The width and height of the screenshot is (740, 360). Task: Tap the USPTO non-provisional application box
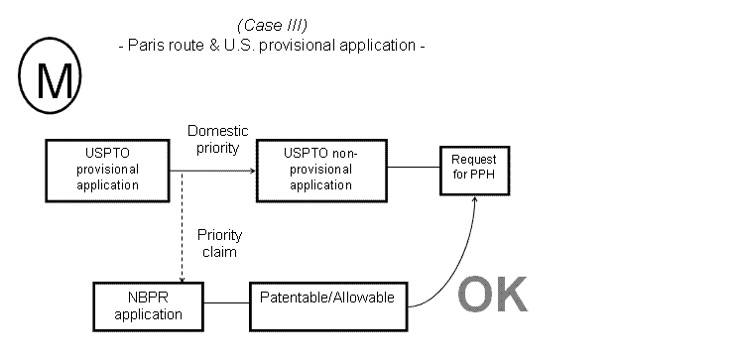click(320, 170)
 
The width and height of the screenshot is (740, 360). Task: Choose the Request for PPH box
click(474, 167)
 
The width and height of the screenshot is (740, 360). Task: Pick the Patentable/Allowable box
click(326, 297)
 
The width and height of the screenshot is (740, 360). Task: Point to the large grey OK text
click(493, 295)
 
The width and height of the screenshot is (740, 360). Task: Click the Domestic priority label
click(218, 139)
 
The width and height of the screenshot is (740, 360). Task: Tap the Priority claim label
click(219, 243)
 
